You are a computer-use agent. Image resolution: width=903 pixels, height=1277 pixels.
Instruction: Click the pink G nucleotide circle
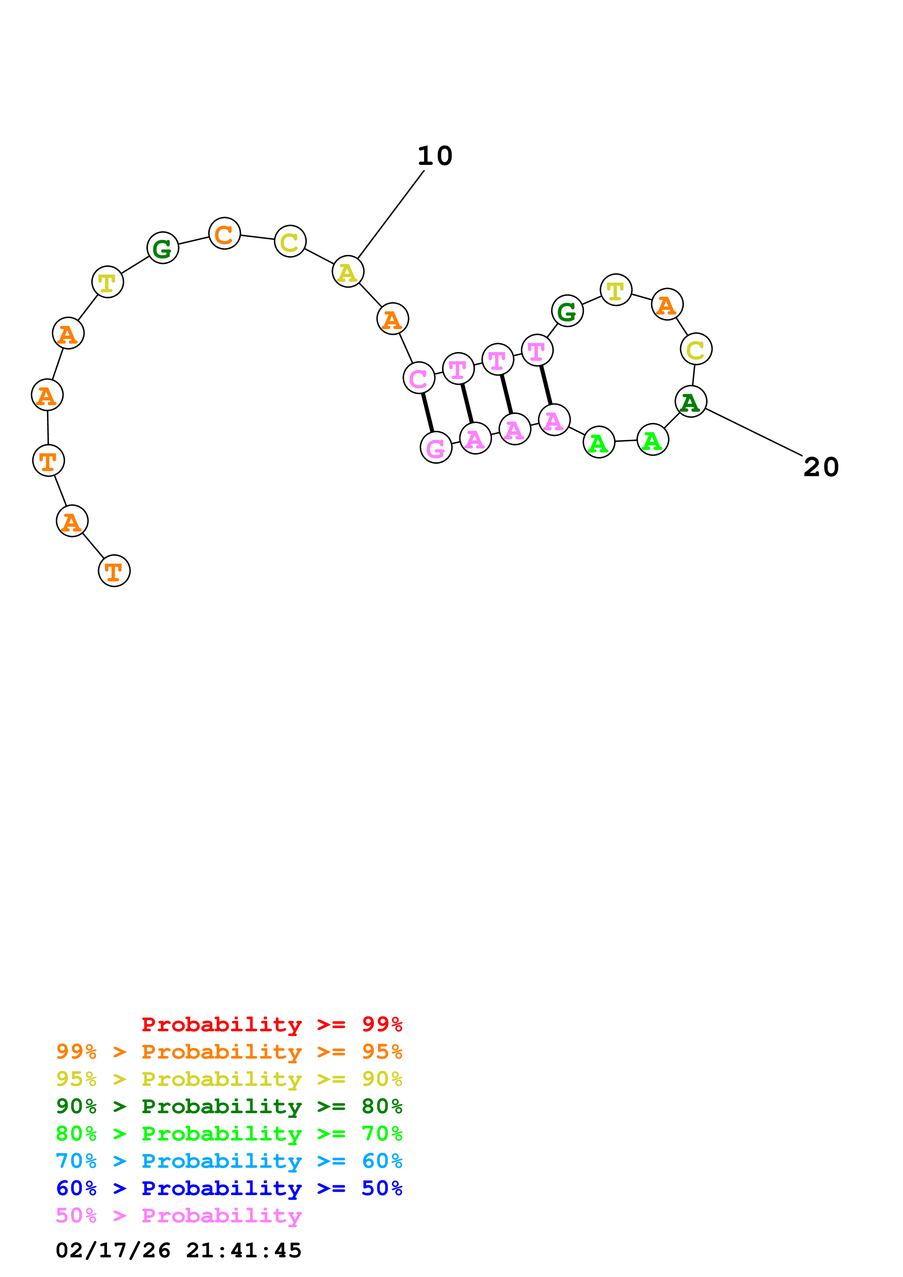pos(436,447)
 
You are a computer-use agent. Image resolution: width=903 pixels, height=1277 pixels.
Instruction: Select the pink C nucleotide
pos(419,377)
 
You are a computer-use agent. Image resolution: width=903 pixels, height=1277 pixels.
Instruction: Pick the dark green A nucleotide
pos(691,401)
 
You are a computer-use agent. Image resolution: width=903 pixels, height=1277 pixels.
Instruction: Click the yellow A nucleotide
pos(348,272)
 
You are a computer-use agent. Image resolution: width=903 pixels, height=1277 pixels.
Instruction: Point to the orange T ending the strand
pos(114,571)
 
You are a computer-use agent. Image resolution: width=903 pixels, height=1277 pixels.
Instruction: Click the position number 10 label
pos(435,156)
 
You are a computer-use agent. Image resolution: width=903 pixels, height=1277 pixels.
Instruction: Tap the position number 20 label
pos(821,467)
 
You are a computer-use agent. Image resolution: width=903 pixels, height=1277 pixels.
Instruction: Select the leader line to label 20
pos(754,432)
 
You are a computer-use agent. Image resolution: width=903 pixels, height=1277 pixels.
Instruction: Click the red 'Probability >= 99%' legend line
pos(271,1024)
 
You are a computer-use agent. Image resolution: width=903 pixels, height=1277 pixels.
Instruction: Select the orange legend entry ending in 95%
pos(229,1052)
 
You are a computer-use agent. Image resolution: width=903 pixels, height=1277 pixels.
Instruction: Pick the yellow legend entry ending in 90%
pos(229,1079)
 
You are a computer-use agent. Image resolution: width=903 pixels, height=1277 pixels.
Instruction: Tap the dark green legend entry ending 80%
pos(229,1106)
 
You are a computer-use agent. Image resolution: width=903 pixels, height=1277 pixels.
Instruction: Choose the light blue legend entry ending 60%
pos(229,1161)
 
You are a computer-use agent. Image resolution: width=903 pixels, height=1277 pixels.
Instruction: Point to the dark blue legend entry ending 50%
pos(229,1188)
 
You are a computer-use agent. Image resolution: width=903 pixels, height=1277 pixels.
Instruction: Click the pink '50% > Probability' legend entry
pos(178,1215)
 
